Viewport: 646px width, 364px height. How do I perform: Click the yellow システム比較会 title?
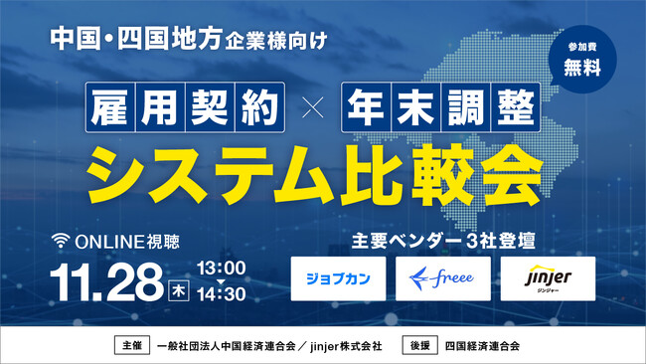[310, 172]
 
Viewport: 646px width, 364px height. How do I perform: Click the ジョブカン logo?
[339, 278]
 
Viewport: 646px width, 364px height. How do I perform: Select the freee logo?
[442, 278]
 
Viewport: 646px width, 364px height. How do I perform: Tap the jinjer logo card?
[548, 278]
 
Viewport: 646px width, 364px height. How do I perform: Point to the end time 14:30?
[223, 295]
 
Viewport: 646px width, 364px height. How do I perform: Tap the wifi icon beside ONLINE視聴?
[63, 240]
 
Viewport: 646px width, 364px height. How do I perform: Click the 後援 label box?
[418, 346]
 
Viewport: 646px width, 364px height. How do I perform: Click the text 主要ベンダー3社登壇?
[444, 240]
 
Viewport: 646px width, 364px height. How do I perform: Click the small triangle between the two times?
[223, 281]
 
